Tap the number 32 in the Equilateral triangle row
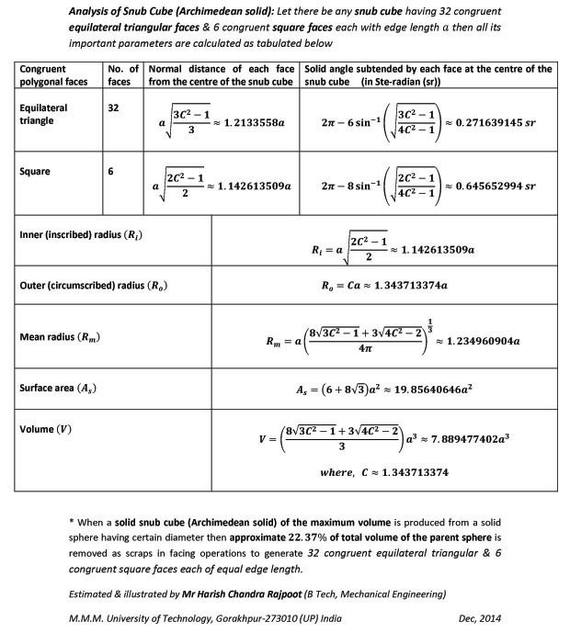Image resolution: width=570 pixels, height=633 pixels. (114, 107)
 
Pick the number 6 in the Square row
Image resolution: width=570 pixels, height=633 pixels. (111, 171)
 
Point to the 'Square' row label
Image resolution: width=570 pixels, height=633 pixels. (35, 171)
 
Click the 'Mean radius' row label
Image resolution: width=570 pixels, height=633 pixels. (61, 336)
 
